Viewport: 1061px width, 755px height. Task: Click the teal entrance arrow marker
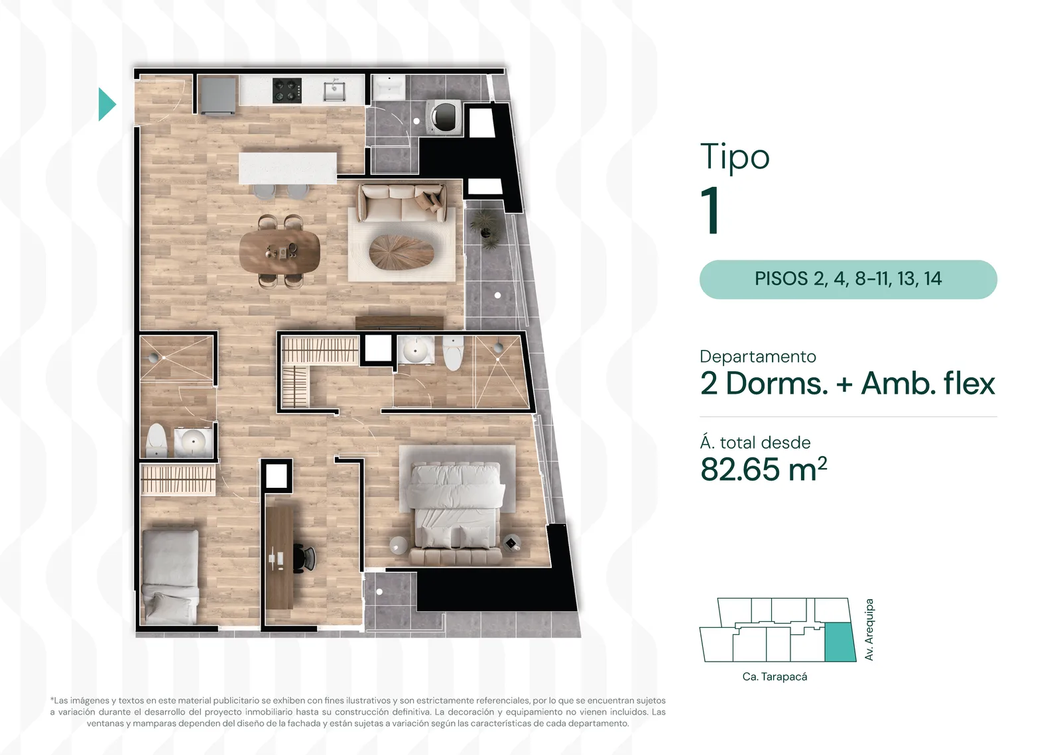point(106,104)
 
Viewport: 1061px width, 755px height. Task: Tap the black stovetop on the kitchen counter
point(287,90)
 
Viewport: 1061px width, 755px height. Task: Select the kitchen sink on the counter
point(334,90)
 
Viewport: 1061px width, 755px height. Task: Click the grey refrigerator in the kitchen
point(218,95)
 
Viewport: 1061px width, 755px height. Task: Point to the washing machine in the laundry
point(444,117)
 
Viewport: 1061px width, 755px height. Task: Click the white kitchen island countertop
point(288,168)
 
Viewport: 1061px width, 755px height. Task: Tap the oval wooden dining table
point(279,251)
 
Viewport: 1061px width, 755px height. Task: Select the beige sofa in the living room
point(402,203)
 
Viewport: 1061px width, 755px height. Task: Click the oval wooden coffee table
point(402,251)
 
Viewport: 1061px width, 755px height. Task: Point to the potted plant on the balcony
point(485,228)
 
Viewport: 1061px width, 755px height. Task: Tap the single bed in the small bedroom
point(170,575)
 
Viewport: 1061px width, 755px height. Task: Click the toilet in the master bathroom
point(454,353)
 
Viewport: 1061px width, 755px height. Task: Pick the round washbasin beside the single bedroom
point(193,442)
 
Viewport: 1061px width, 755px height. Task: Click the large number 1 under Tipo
point(711,211)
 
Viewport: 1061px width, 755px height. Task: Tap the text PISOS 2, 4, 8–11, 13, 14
point(848,279)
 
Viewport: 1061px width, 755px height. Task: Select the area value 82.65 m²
point(763,469)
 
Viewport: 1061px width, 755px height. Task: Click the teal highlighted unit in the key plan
point(840,642)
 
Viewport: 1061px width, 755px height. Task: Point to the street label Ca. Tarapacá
point(775,677)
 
